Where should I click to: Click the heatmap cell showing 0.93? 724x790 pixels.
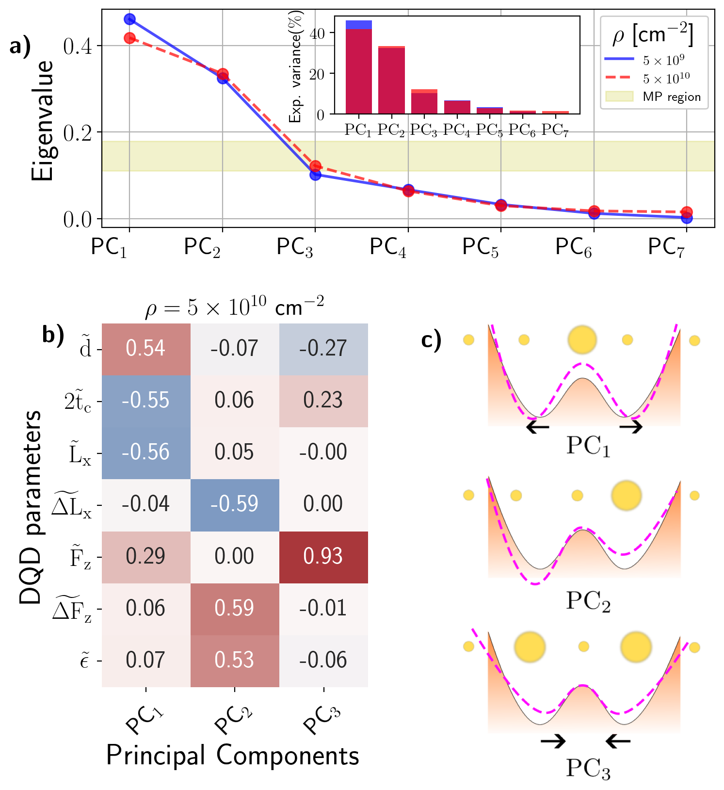[323, 557]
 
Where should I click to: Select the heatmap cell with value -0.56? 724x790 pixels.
[145, 452]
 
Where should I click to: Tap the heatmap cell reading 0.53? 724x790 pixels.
[234, 661]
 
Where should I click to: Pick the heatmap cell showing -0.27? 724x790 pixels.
[323, 349]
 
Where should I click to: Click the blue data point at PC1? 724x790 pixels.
[129, 19]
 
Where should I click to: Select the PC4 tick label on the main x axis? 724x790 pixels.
[388, 247]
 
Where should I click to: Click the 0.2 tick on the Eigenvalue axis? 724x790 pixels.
[78, 133]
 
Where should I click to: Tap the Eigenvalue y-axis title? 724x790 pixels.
[43, 121]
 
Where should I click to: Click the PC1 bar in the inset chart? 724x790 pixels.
[358, 68]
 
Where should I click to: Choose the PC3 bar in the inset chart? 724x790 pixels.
[424, 102]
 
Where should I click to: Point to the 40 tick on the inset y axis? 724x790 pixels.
[321, 33]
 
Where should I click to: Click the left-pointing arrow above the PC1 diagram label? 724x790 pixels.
[538, 427]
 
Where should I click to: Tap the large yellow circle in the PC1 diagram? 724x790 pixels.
[582, 339]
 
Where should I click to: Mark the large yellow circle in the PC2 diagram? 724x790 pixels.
[627, 495]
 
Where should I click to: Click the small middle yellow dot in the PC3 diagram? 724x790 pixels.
[584, 646]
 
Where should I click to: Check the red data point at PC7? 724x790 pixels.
[686, 212]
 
